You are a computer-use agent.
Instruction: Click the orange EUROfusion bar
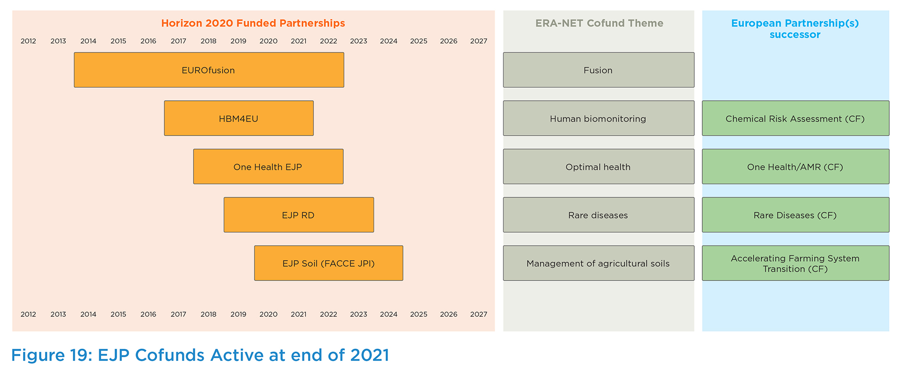pos(209,70)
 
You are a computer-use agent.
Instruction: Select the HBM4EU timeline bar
pos(238,119)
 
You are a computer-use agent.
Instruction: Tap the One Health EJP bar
pos(268,167)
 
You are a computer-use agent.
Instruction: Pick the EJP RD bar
pos(299,215)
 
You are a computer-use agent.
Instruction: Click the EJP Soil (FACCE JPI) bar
pos(328,264)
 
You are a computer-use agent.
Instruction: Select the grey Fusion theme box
pos(598,70)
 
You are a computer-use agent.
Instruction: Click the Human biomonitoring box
pos(598,119)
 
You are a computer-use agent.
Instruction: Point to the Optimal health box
pos(598,167)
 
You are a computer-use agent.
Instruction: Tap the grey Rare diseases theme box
pos(598,215)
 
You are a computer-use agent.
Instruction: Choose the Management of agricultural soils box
pos(598,264)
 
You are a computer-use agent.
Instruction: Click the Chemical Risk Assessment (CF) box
pos(795,119)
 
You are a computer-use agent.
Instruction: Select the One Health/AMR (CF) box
pos(795,167)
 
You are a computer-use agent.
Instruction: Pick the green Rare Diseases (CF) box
pos(795,215)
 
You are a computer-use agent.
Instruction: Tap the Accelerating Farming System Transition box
pos(795,264)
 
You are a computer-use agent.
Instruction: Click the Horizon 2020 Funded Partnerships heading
pos(253,23)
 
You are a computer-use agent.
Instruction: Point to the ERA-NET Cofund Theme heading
pos(599,23)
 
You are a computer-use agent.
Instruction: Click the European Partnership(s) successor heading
pos(795,29)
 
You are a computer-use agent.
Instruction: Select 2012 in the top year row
pos(28,41)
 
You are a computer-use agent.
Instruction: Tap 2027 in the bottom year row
pos(478,314)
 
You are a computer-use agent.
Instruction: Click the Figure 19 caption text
pos(200,355)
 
